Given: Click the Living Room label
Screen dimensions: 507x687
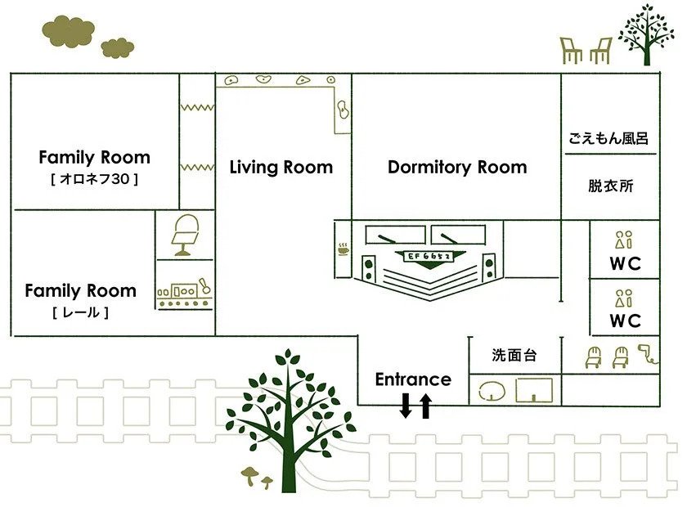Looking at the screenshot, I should [x=281, y=168].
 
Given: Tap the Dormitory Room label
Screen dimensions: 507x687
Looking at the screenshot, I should [x=456, y=168].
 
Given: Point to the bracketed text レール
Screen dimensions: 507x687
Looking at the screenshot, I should [x=80, y=312].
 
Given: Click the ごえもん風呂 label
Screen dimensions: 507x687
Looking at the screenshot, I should [x=609, y=138].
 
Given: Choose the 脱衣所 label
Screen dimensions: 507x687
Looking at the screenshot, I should [x=610, y=186].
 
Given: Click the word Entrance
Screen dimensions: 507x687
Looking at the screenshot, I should [x=413, y=379].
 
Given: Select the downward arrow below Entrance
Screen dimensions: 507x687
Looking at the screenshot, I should [x=406, y=405].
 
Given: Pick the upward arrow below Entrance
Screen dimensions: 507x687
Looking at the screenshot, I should [x=425, y=405].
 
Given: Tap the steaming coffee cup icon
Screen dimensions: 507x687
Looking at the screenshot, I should [x=343, y=248].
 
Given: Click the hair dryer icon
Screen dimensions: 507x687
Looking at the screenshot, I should [x=649, y=352].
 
